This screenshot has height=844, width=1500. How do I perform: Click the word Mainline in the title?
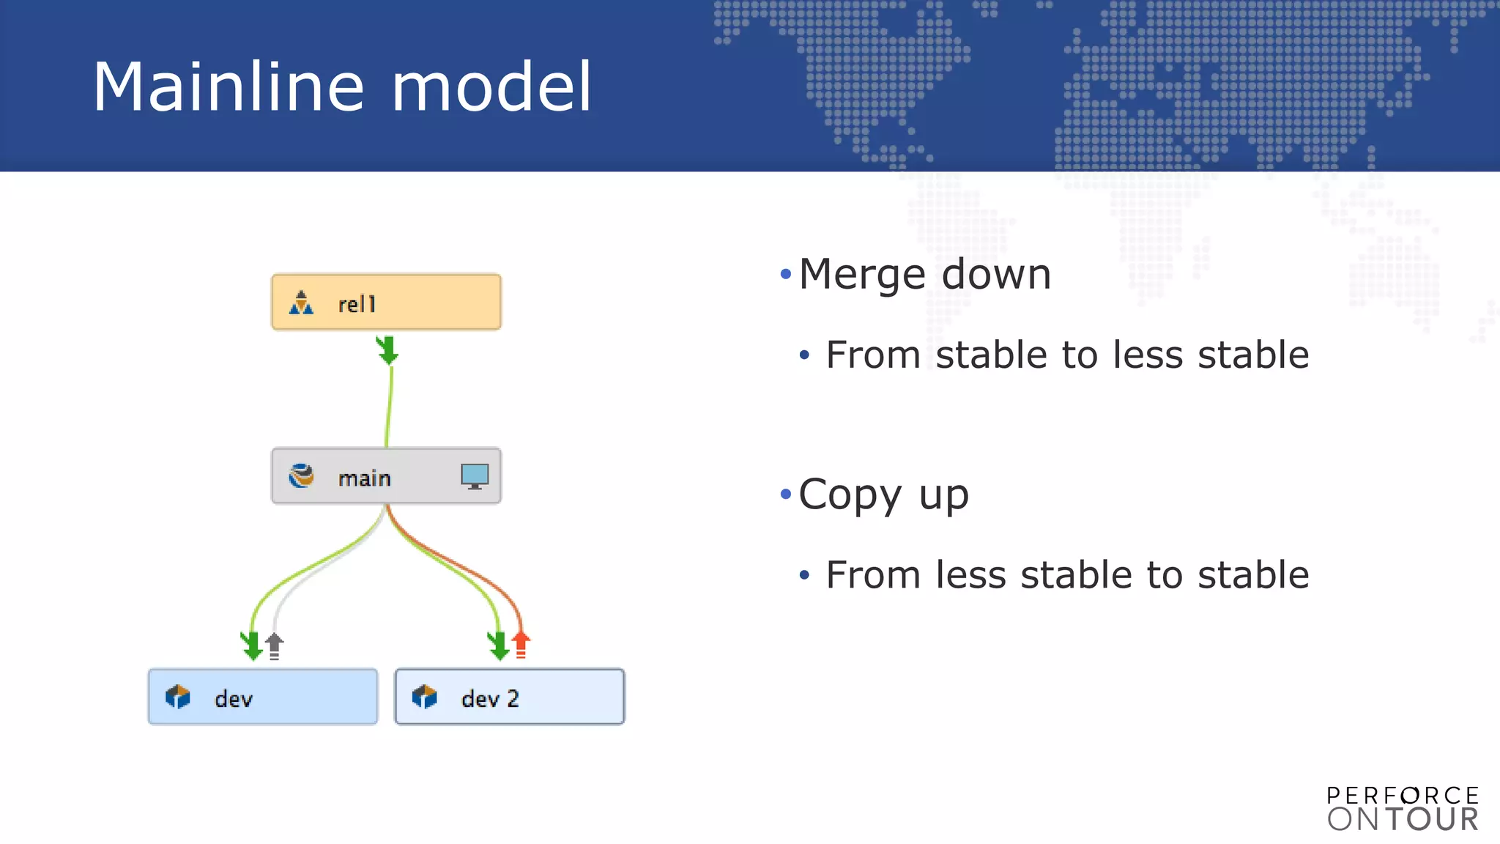pos(228,87)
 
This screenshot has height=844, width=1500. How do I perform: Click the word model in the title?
pos(491,87)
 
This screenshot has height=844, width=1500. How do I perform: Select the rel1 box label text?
pos(357,304)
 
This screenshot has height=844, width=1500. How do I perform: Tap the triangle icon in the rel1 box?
pos(301,303)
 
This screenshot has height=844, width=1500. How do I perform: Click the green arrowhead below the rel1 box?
pos(387,350)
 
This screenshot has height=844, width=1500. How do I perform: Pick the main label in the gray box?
pos(364,478)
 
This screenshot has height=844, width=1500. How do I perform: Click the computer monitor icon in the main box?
pos(475,476)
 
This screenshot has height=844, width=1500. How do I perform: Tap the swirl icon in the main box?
pos(301,476)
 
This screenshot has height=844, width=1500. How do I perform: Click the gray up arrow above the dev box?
pos(274,645)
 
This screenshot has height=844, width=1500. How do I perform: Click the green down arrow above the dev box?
pos(252,645)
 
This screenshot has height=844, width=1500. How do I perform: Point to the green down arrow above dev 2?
pos(499,645)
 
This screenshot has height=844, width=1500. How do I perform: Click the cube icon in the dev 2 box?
pos(424,697)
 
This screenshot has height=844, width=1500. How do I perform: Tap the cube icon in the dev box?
pos(177,697)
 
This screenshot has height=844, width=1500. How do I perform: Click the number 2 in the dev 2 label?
pos(513,698)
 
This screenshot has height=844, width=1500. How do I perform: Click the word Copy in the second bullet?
pos(850,496)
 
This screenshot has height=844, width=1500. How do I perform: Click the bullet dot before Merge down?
pos(786,275)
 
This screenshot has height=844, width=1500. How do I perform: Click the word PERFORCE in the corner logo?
pos(1403,796)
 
